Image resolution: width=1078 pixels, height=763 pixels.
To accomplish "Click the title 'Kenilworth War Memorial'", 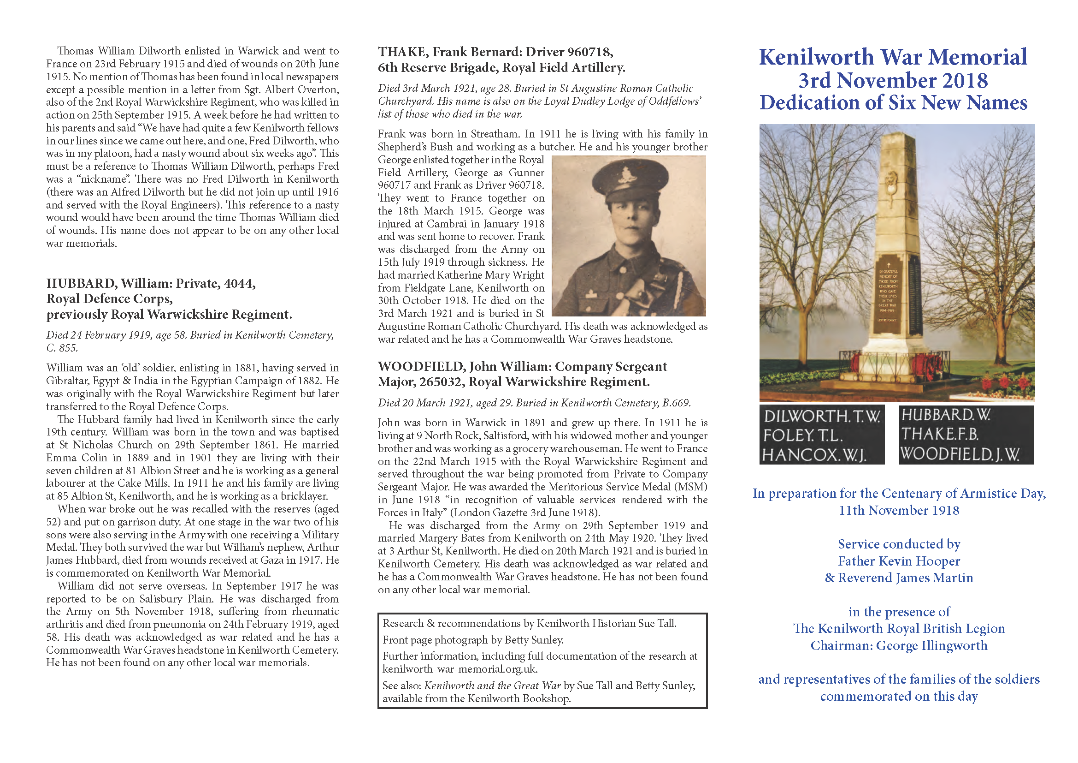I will [x=893, y=57].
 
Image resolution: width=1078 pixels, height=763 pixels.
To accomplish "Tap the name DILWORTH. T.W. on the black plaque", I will [x=821, y=416].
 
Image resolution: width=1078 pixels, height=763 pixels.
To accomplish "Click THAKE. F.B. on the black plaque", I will [x=939, y=434].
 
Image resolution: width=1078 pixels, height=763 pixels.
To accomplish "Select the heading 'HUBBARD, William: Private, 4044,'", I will [x=151, y=283].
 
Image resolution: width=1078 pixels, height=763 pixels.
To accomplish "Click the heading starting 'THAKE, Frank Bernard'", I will [x=495, y=52].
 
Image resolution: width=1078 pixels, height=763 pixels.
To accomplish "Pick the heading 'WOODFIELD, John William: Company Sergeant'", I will [x=522, y=366].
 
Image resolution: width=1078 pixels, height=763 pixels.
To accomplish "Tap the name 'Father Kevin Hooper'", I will [x=899, y=561].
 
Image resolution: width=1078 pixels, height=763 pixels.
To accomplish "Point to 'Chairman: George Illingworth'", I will [x=899, y=645].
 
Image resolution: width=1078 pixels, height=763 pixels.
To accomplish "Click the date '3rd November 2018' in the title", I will [x=893, y=80].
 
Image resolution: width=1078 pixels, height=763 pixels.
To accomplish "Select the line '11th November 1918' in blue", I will [x=899, y=510].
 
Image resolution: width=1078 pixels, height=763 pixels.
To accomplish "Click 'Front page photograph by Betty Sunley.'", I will [x=472, y=640].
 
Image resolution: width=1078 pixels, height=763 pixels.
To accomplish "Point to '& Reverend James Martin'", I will [x=899, y=578].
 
